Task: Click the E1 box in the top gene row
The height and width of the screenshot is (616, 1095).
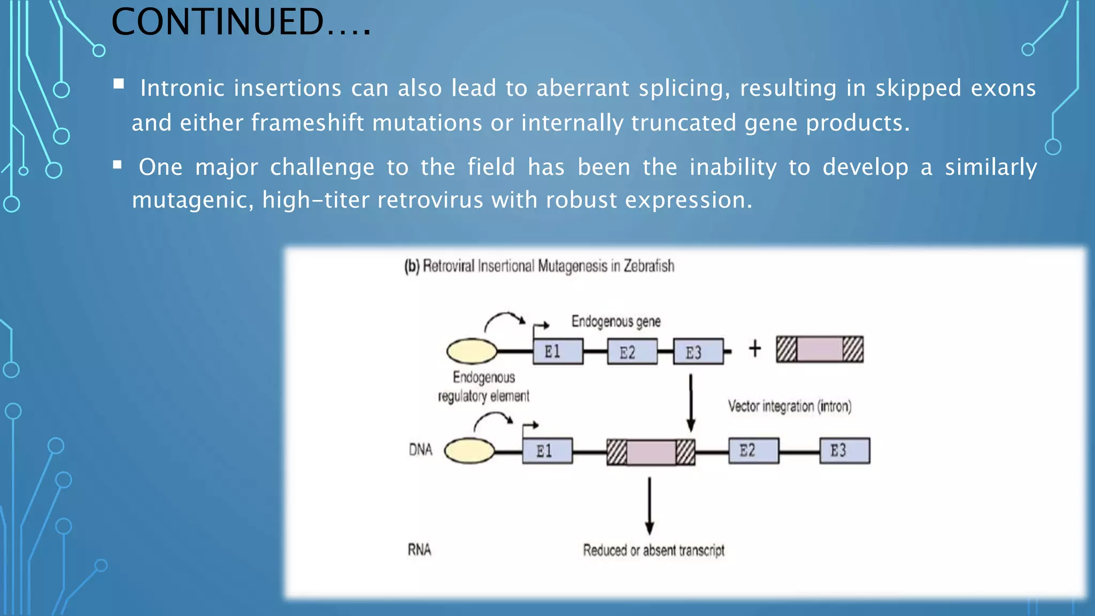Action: click(x=558, y=352)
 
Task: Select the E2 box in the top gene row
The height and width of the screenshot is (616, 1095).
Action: click(x=632, y=352)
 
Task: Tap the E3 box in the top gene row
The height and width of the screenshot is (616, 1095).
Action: click(x=698, y=352)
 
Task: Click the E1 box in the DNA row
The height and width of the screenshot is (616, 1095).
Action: click(x=547, y=451)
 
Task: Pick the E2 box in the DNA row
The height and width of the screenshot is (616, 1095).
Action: click(x=753, y=450)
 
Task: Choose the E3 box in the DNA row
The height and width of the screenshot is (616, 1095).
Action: click(x=844, y=450)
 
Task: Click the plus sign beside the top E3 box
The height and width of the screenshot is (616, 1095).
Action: click(x=754, y=349)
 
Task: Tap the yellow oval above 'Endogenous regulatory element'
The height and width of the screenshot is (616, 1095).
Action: click(x=472, y=351)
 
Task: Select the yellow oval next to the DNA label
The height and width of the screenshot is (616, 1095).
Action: click(x=469, y=450)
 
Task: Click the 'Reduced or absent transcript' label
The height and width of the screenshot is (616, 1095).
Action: click(x=653, y=550)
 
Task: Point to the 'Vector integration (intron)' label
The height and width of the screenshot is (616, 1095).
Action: click(x=789, y=406)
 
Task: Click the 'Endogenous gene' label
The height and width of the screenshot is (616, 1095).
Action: click(x=616, y=321)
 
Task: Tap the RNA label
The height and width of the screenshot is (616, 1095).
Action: click(x=419, y=550)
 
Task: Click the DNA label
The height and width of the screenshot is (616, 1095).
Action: click(x=420, y=450)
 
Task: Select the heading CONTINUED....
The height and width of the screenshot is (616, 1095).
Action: click(x=241, y=22)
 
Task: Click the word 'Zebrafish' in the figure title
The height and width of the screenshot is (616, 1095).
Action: click(x=649, y=266)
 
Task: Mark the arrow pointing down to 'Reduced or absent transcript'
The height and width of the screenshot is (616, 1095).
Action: click(x=649, y=505)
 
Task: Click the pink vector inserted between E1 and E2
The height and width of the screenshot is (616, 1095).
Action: click(x=651, y=452)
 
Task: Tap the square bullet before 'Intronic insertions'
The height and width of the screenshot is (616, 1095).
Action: click(x=119, y=84)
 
